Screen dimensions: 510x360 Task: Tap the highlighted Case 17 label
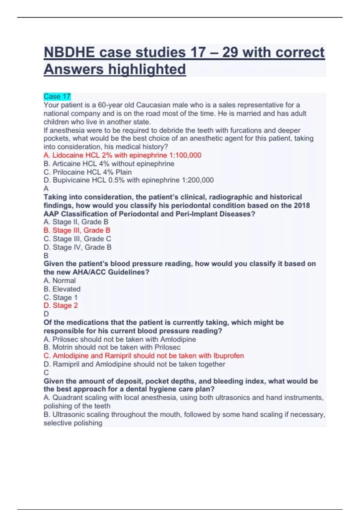click(x=57, y=97)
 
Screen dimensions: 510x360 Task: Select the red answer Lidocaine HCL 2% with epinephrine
click(x=122, y=155)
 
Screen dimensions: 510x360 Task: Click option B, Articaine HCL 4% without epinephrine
click(x=109, y=163)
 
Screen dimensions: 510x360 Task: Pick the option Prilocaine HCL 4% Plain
click(x=88, y=172)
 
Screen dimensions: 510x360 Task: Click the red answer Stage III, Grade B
click(x=77, y=230)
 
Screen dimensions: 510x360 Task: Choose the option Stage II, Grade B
click(x=76, y=222)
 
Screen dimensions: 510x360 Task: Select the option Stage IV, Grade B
click(x=77, y=247)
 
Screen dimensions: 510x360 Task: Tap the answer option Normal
click(x=60, y=280)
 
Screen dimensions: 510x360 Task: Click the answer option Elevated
click(x=62, y=289)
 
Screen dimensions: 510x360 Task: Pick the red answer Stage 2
click(x=61, y=305)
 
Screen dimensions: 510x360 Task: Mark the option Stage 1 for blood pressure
click(x=61, y=297)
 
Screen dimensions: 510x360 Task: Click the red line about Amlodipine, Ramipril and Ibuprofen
click(x=144, y=356)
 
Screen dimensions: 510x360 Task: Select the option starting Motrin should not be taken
click(x=112, y=347)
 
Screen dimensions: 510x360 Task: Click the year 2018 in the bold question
click(x=301, y=205)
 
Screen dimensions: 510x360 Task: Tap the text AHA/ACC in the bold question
click(x=89, y=272)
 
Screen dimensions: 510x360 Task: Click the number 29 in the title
click(x=230, y=52)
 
